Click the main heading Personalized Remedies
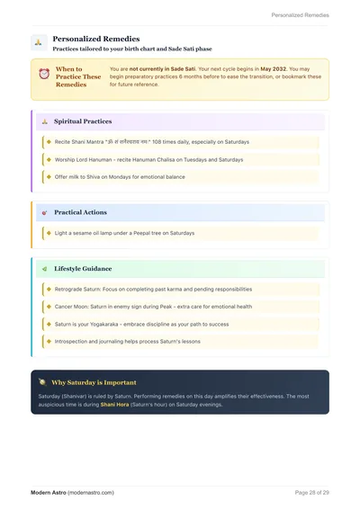tap(95, 39)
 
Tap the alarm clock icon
tap(43, 73)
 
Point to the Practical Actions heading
tap(80, 212)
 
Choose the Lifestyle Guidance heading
tap(83, 268)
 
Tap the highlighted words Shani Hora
tap(114, 404)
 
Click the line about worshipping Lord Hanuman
tap(148, 159)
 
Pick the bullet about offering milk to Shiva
tap(120, 176)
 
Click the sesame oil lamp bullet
tap(124, 233)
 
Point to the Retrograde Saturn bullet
tap(153, 290)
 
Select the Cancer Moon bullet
tap(153, 307)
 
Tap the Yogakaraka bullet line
tap(141, 324)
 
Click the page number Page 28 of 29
tap(311, 493)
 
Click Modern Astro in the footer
tap(48, 493)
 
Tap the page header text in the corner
tap(300, 15)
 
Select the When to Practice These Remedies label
tap(78, 76)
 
